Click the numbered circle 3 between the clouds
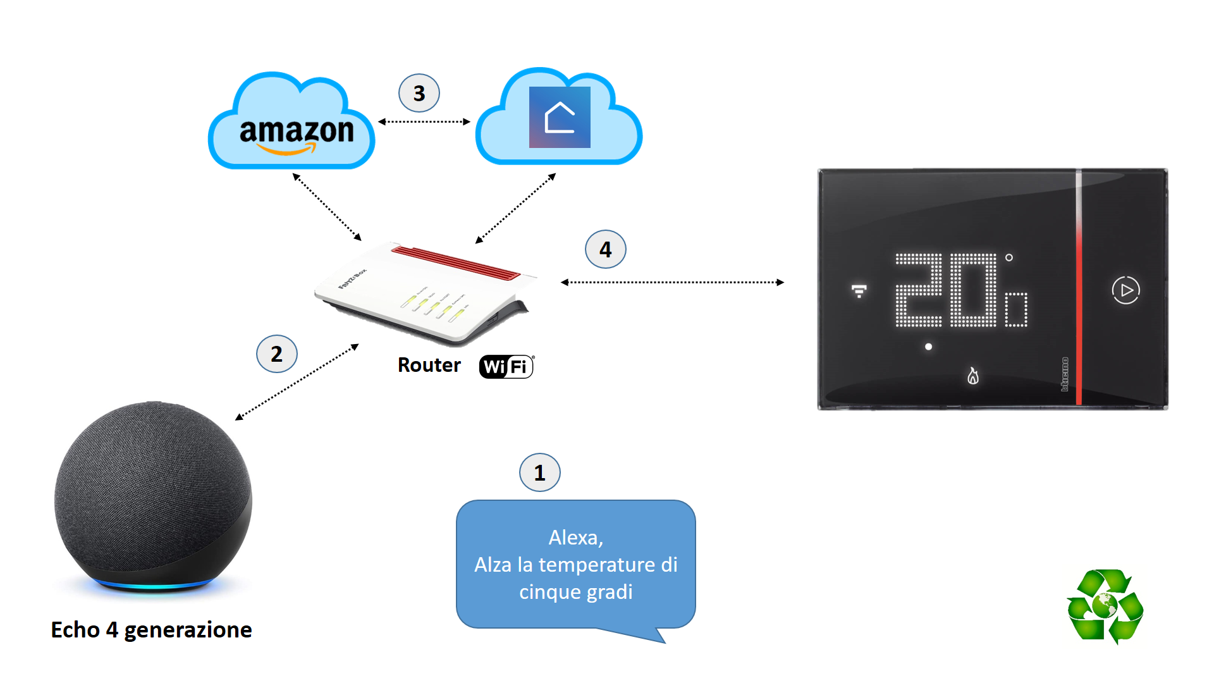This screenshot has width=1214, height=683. coord(419,94)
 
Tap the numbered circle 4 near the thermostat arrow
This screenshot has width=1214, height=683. coord(606,249)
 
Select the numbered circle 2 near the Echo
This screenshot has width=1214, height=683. coord(277,354)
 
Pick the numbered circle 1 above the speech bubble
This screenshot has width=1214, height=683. coord(539,472)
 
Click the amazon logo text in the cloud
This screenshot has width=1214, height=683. coord(296,132)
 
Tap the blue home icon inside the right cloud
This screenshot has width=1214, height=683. coord(560,118)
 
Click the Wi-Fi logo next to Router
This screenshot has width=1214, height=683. coord(506,367)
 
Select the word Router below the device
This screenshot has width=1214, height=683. coord(429,366)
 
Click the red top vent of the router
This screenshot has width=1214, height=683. coord(455,262)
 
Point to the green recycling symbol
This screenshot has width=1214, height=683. coord(1105,606)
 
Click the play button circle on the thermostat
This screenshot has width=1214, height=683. coord(1125,290)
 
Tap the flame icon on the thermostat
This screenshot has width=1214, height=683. coord(973,376)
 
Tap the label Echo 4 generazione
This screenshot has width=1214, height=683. coord(151,630)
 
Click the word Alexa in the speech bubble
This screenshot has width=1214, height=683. coord(575,538)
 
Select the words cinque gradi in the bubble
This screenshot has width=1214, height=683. coord(575,592)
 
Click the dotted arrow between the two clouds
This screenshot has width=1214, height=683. coord(424,121)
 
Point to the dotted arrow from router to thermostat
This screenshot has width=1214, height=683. coord(672,282)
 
